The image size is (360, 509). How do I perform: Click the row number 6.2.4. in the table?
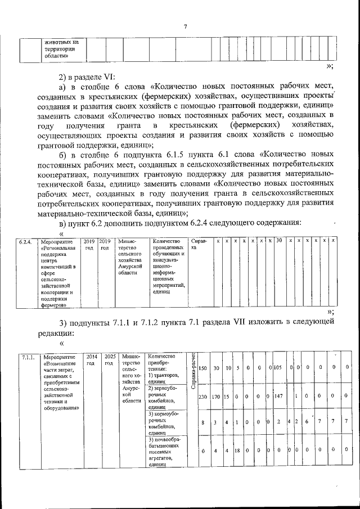pyautogui.click(x=24, y=241)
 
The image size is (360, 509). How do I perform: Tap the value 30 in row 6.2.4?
pyautogui.click(x=278, y=241)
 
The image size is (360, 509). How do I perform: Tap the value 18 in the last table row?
pyautogui.click(x=237, y=451)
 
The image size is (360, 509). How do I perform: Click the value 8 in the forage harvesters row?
pyautogui.click(x=202, y=422)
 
